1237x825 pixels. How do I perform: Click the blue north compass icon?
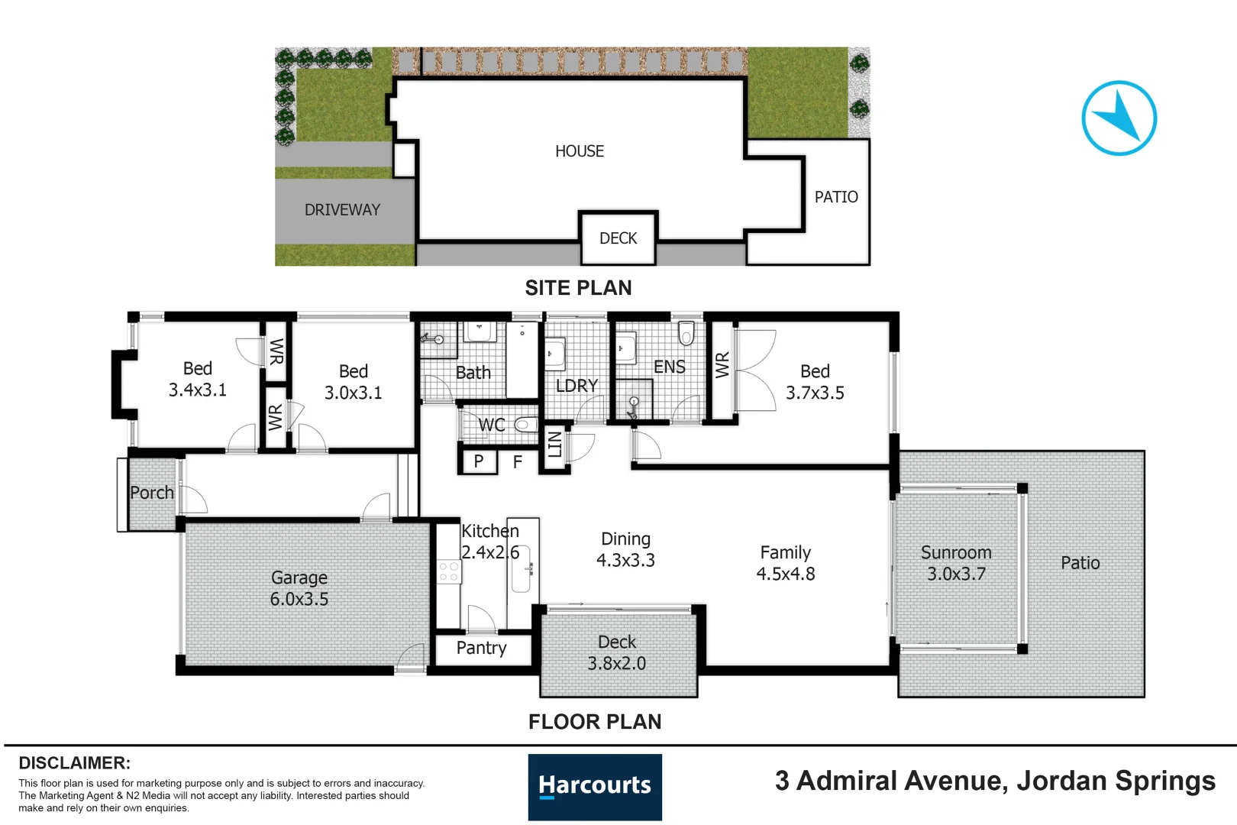pos(1119,118)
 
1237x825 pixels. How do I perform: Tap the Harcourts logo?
pos(595,787)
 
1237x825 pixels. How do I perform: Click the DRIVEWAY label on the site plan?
pos(342,210)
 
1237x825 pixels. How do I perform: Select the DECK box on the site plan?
pos(618,238)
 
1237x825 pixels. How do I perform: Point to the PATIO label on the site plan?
pos(836,197)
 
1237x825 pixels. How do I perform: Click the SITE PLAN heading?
pos(578,288)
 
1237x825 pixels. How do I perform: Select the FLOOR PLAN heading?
pos(595,722)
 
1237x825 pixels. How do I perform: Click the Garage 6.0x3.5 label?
pos(299,588)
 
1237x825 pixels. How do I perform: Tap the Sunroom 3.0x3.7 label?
pos(956,563)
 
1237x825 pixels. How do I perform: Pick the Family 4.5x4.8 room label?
pos(786,563)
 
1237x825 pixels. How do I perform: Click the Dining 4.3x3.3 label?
pos(625,549)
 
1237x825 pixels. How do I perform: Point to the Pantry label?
pos(481,648)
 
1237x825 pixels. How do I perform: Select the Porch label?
pos(151,493)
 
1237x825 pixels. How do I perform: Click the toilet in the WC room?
pos(525,424)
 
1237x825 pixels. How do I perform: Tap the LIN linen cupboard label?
pos(555,445)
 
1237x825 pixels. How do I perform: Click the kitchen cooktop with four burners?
pos(449,571)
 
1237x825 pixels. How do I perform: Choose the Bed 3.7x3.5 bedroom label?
pos(815,382)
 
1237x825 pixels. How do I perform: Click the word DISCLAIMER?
pos(74,763)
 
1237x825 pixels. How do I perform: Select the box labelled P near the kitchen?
pos(479,461)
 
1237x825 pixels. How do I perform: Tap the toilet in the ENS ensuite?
pos(686,333)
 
